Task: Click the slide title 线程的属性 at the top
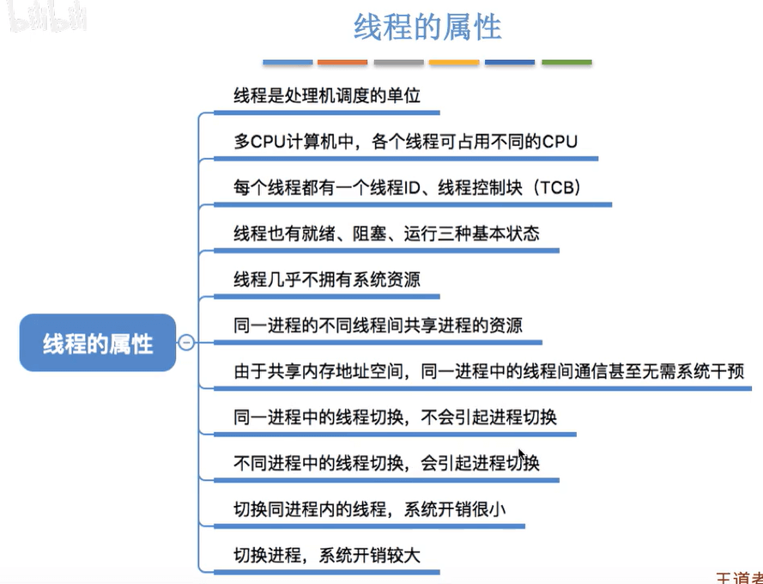pos(427,27)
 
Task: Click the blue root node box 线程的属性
pos(98,344)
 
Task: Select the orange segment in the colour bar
pos(342,63)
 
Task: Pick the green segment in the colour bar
pos(566,63)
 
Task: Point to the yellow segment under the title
pos(454,63)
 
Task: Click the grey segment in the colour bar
pos(398,63)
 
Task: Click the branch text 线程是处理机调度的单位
pos(327,94)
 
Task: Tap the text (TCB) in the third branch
pos(554,187)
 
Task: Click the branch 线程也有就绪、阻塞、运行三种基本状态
pos(386,234)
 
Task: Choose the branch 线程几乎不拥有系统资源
pos(327,280)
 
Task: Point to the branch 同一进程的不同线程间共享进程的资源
pos(378,326)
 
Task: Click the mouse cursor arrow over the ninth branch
pos(520,454)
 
